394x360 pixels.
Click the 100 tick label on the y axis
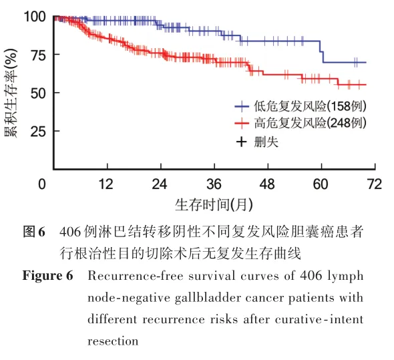(35, 17)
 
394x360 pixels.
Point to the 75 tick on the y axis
(38, 55)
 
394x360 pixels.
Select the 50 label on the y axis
(38, 94)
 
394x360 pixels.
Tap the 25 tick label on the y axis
(38, 132)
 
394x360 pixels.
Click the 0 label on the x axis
(42, 184)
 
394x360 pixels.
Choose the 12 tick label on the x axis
(106, 184)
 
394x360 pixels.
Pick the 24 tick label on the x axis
(160, 184)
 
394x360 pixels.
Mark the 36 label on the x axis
(214, 184)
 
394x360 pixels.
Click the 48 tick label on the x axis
(267, 184)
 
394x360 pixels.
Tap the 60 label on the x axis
(321, 184)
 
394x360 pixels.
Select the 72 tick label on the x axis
(375, 184)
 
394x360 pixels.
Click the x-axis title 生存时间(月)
(214, 204)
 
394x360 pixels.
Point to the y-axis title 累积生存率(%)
(11, 93)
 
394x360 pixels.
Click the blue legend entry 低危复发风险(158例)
(301, 106)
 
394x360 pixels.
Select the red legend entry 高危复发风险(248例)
(301, 123)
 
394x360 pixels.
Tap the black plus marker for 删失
(241, 142)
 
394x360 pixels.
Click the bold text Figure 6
(47, 276)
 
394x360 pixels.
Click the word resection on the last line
(113, 341)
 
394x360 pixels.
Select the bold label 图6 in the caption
(34, 232)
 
